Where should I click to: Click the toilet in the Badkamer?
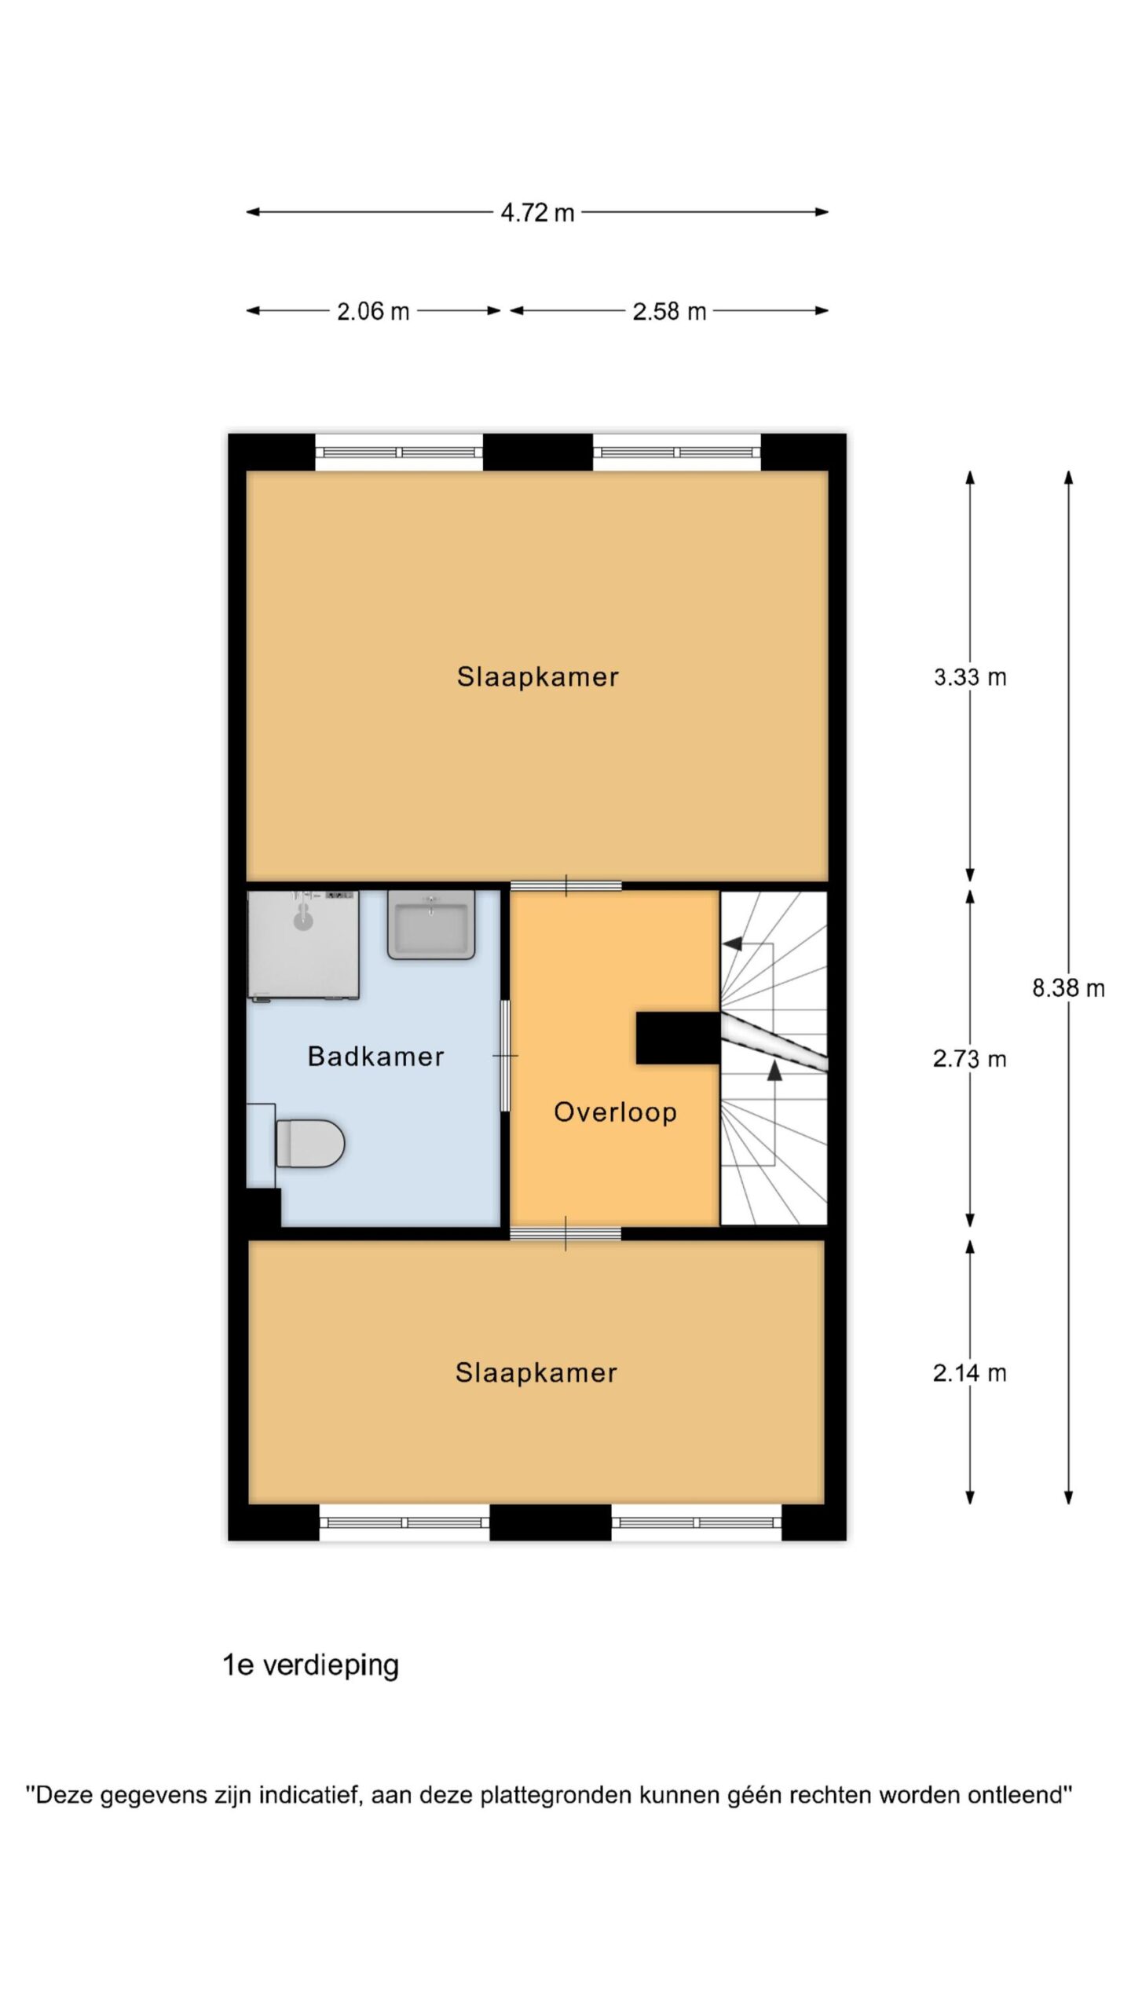click(x=310, y=1143)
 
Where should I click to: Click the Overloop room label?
click(x=615, y=1112)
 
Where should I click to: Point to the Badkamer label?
click(x=375, y=1057)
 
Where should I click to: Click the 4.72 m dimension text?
click(x=538, y=213)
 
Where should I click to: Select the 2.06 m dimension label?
click(x=373, y=312)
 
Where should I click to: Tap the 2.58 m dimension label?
click(x=669, y=312)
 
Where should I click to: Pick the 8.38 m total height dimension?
click(x=1068, y=988)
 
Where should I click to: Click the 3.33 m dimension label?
click(x=970, y=677)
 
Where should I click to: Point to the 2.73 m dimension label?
click(x=970, y=1059)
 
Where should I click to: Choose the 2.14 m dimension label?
click(x=970, y=1373)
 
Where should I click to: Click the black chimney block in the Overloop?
click(x=678, y=1038)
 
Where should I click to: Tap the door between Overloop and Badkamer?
click(x=505, y=1055)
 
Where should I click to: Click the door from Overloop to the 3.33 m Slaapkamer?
click(x=565, y=886)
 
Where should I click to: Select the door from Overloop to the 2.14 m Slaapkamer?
click(x=565, y=1234)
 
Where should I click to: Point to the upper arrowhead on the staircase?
click(x=733, y=943)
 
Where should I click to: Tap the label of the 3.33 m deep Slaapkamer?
click(x=538, y=677)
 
